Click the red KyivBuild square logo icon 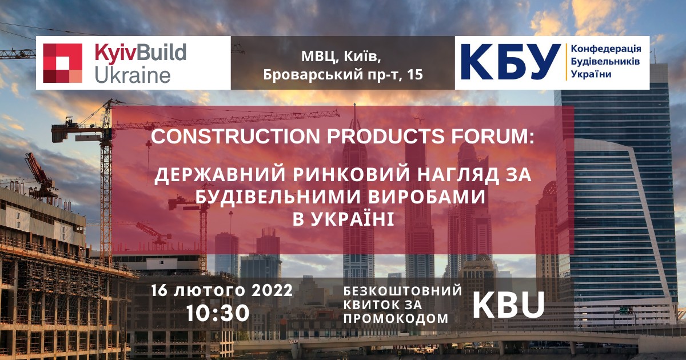coord(62,63)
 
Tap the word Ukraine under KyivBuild coord(133,75)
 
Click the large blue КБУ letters coord(511,62)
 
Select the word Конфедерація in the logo coord(606,49)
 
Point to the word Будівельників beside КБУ coord(605,62)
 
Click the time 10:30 coord(218,313)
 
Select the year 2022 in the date coord(272,290)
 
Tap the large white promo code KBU coord(509,305)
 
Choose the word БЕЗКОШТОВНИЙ coord(402,291)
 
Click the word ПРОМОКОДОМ coord(396,319)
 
